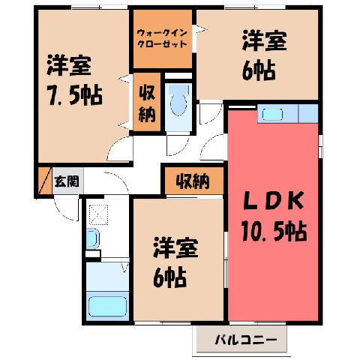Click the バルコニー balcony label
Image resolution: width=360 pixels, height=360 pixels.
(x=246, y=340)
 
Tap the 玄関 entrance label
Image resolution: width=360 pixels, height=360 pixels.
(x=67, y=181)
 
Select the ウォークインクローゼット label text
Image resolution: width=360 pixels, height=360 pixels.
(x=162, y=38)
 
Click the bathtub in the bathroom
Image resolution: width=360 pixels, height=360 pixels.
(x=107, y=306)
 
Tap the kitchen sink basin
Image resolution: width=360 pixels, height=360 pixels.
(x=272, y=115)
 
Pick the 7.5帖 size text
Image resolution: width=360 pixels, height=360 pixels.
(x=74, y=95)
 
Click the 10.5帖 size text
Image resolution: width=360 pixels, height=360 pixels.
(x=274, y=231)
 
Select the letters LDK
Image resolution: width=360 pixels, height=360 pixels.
(x=274, y=200)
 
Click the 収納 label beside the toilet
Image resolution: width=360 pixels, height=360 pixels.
(x=147, y=103)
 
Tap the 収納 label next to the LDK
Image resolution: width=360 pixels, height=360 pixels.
(x=193, y=181)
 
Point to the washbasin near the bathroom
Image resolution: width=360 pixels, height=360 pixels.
(x=92, y=238)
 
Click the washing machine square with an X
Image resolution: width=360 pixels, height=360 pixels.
(x=99, y=214)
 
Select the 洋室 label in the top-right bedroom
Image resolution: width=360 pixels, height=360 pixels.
(x=264, y=40)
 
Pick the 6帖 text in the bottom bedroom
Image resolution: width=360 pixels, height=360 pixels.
(x=169, y=277)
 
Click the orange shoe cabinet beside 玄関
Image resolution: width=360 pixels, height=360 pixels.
(x=44, y=181)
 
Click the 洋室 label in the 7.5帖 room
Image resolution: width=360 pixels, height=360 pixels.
(x=69, y=65)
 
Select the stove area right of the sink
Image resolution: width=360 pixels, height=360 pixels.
(x=308, y=114)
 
